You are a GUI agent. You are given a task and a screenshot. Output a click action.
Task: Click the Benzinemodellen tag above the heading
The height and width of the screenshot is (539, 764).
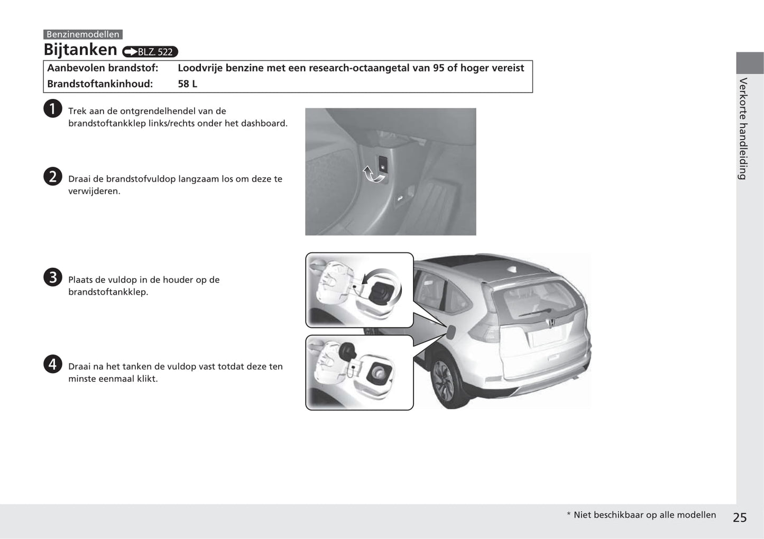(82, 34)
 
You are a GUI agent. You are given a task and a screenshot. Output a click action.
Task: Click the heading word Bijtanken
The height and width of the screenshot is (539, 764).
(80, 50)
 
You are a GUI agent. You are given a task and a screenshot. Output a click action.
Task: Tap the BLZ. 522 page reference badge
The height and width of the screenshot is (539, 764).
(150, 52)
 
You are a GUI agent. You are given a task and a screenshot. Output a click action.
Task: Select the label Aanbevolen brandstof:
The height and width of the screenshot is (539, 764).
(103, 68)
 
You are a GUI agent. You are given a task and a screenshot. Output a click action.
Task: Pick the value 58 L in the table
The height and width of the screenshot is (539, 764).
(187, 84)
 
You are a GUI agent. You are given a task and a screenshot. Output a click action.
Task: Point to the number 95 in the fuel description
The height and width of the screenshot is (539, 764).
(438, 68)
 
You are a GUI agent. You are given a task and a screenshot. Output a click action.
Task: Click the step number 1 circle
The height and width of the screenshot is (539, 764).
(52, 109)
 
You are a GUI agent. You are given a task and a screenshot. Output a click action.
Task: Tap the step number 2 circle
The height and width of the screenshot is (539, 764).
(52, 177)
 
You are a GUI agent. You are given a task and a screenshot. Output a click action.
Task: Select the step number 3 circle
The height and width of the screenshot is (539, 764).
(52, 277)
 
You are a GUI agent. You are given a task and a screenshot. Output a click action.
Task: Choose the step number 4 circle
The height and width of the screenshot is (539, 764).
(52, 364)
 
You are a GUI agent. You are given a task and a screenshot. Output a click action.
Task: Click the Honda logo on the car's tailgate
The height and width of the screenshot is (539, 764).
(550, 322)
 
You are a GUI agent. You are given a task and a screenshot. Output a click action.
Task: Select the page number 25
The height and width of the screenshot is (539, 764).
(740, 517)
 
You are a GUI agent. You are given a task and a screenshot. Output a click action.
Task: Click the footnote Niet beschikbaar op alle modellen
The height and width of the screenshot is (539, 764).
(644, 515)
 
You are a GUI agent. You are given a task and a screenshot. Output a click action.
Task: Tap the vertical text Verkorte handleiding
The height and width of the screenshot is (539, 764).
(743, 129)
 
